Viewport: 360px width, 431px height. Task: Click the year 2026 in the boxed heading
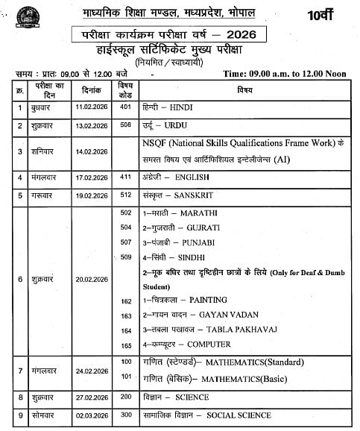tap(250, 36)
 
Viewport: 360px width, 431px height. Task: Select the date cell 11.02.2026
tap(92, 107)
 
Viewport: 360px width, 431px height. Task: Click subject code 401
tap(125, 107)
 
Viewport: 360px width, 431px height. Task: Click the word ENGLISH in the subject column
tap(192, 177)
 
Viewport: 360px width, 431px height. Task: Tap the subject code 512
tap(125, 196)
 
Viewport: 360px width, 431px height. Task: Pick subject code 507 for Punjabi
tap(125, 242)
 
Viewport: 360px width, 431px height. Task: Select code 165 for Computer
tap(125, 345)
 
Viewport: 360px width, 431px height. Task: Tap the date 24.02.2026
tap(92, 370)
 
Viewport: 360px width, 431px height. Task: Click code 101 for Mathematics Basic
tap(125, 377)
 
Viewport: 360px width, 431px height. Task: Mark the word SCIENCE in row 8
tap(193, 397)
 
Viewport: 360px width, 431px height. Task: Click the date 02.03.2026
tap(92, 415)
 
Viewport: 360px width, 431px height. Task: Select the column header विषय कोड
tap(125, 89)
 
